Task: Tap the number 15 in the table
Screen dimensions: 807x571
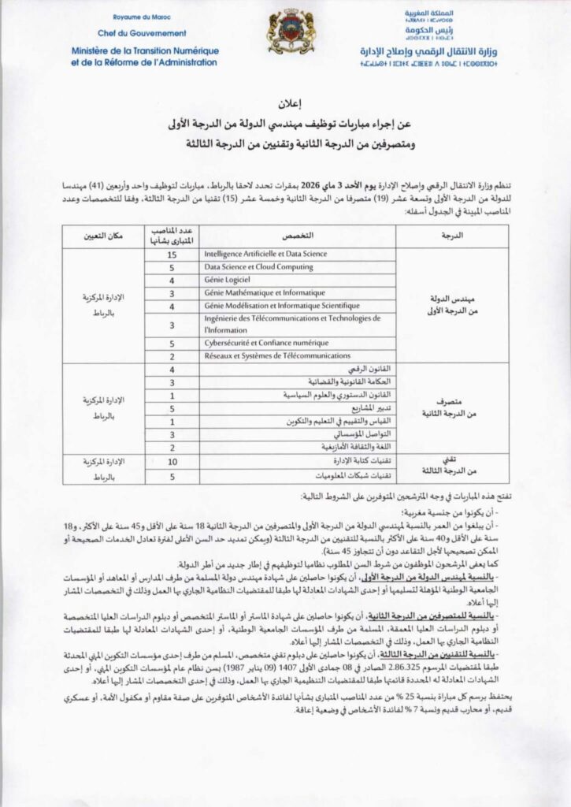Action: [x=171, y=255]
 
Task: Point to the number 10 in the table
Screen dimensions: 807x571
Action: [x=171, y=460]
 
